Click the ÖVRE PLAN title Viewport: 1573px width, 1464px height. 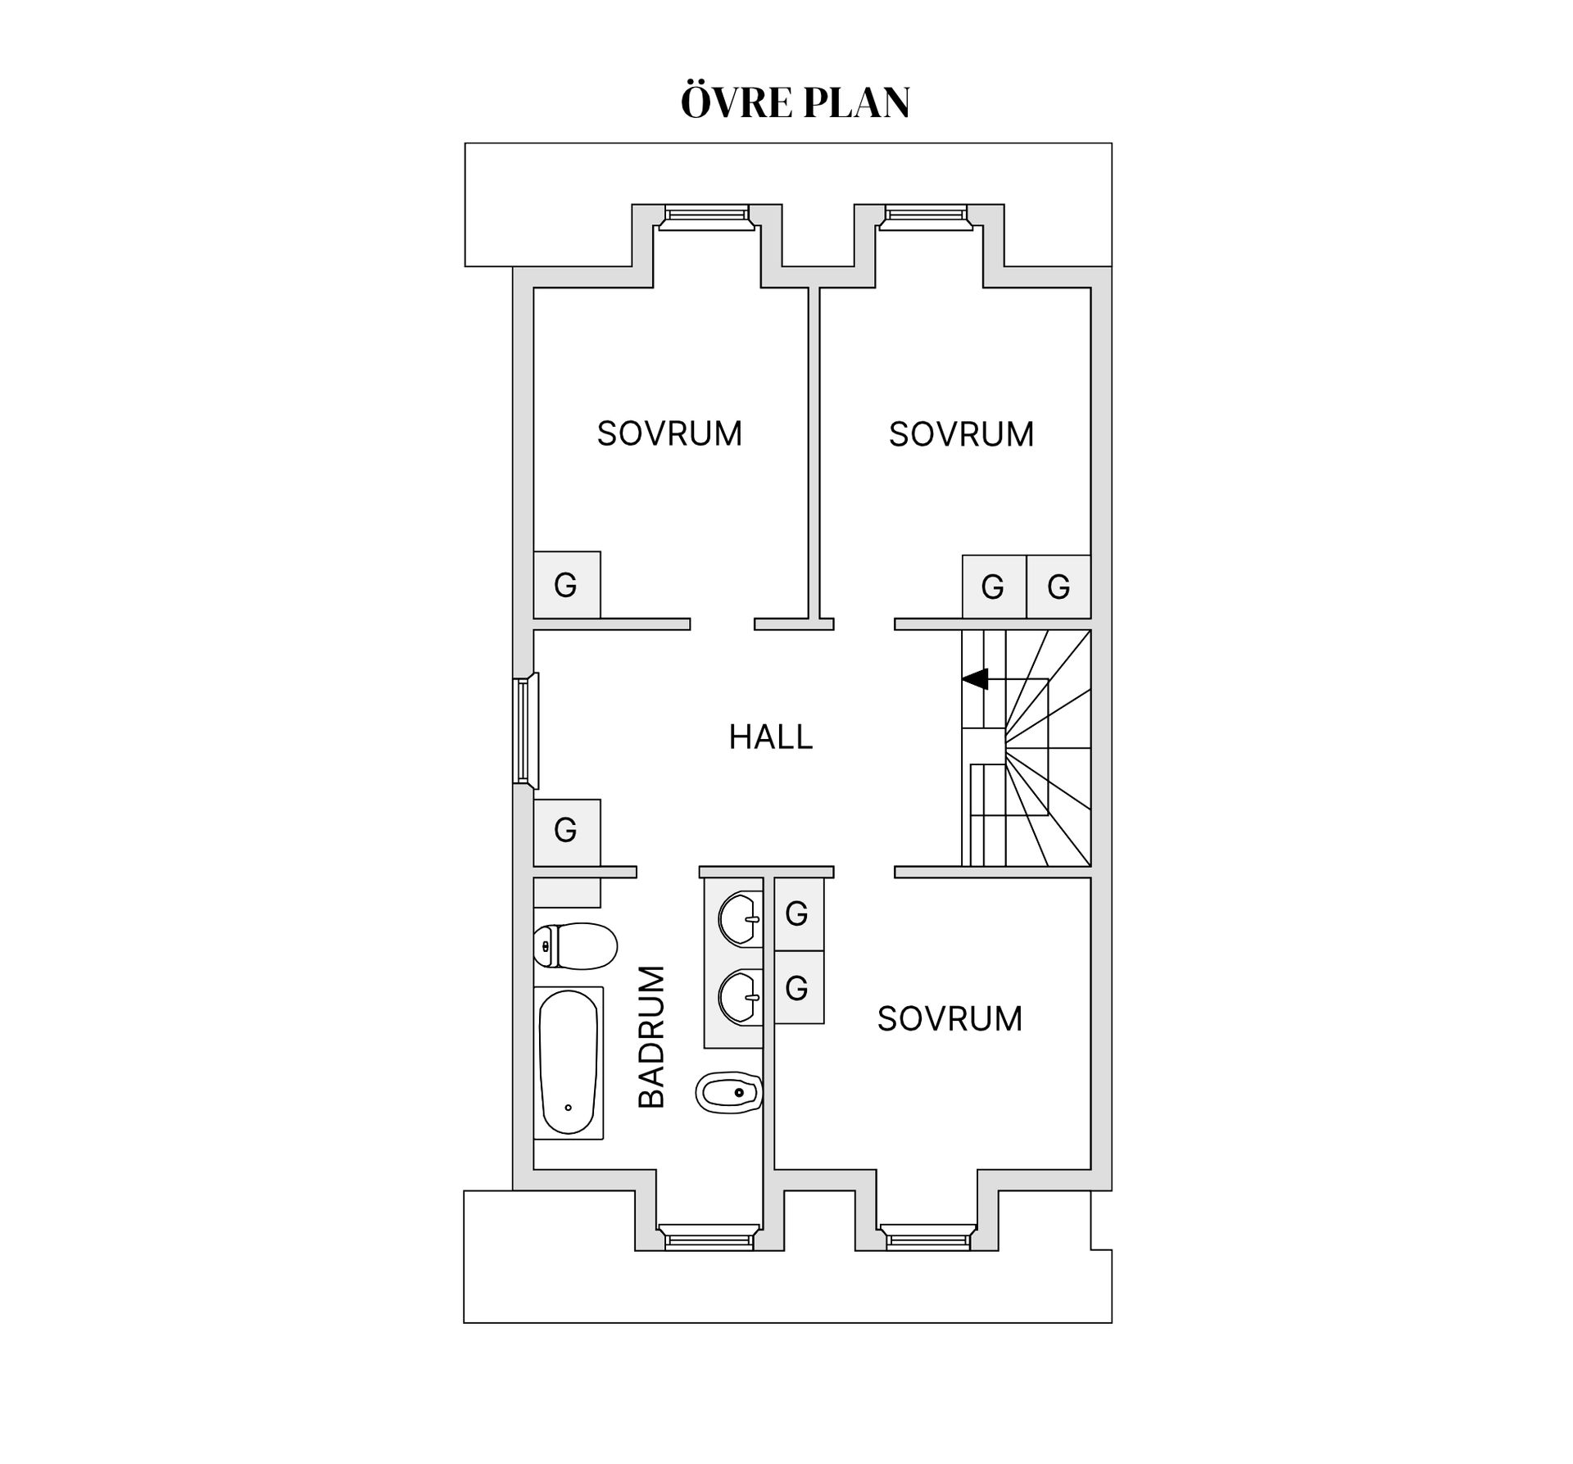[x=795, y=102]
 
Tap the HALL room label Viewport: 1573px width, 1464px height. [x=771, y=737]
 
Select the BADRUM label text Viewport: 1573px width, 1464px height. [x=652, y=1037]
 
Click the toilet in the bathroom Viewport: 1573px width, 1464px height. [x=575, y=945]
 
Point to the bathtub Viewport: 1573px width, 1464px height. [x=569, y=1063]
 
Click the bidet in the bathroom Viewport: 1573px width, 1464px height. [x=729, y=1092]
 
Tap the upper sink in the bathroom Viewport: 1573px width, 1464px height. [x=741, y=919]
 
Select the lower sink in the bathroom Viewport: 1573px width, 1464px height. [x=741, y=997]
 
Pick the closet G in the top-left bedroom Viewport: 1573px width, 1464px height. [x=567, y=585]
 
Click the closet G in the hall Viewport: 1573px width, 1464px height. [x=567, y=832]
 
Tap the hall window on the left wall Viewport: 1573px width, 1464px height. [x=525, y=728]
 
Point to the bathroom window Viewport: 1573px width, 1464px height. [x=709, y=1237]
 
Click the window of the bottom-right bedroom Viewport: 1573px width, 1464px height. [x=928, y=1237]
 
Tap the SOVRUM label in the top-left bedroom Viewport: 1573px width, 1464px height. [x=669, y=433]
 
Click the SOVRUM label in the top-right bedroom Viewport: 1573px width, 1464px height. [x=961, y=434]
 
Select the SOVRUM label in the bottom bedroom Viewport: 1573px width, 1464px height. [x=950, y=1019]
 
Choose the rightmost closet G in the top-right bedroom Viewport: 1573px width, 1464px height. [x=1058, y=587]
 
